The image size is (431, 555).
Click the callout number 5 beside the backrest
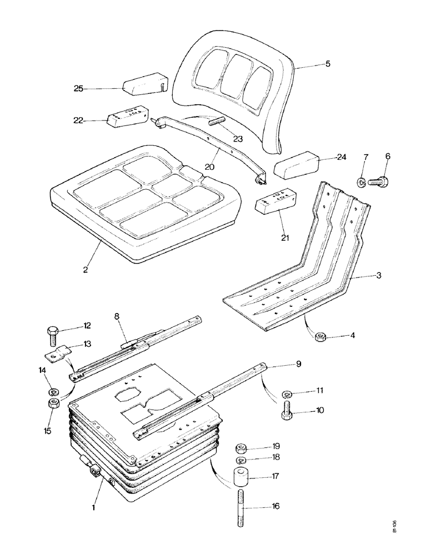pyautogui.click(x=328, y=64)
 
